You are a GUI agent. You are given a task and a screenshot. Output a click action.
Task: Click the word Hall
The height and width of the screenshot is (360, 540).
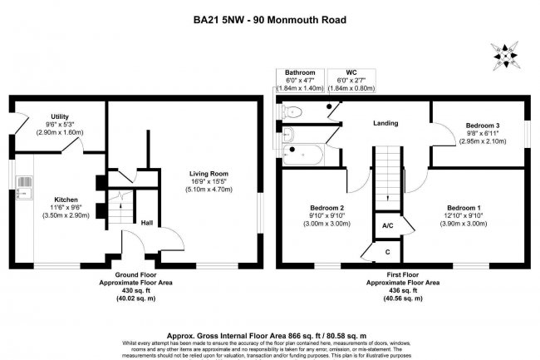click(145, 223)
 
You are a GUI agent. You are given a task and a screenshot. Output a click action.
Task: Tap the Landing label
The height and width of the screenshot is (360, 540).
click(385, 123)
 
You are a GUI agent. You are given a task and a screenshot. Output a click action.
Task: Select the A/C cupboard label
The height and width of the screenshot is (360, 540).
click(387, 225)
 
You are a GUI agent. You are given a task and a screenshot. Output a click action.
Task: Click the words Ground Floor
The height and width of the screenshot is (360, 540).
click(134, 274)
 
